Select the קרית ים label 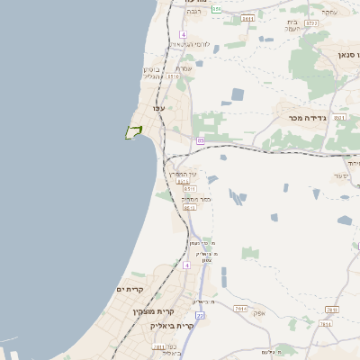click(131, 288)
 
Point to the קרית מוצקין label click(128, 310)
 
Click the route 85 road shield click(200, 141)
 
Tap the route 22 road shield click(200, 316)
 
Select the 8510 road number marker click(173, 76)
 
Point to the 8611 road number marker click(248, 18)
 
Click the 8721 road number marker click(311, 22)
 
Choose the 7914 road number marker click(240, 308)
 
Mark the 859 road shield click(218, 9)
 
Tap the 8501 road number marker click(339, 117)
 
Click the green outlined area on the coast click(133, 132)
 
